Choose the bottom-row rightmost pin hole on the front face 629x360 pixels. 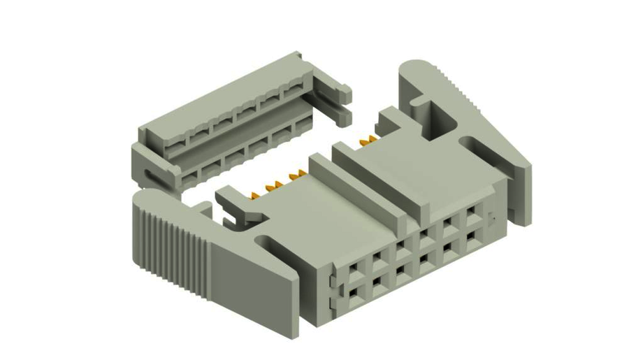[472, 238]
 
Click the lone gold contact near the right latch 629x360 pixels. [363, 143]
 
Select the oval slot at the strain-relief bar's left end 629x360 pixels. [149, 175]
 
